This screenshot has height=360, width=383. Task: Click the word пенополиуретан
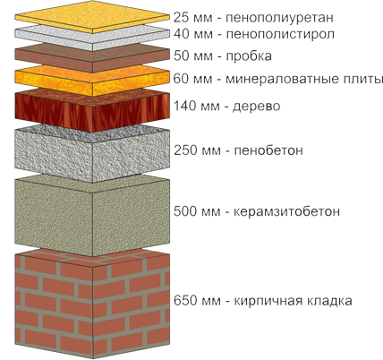tap(279, 18)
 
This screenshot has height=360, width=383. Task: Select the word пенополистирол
tap(280, 34)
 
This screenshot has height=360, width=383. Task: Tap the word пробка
tap(249, 56)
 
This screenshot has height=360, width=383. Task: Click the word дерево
tap(257, 106)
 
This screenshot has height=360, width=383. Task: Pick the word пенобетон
tap(268, 150)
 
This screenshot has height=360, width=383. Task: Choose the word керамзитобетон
tap(286, 211)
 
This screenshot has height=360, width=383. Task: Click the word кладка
tap(326, 300)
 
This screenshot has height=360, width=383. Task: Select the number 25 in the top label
tap(181, 18)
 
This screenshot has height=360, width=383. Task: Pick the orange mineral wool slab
tap(92, 81)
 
